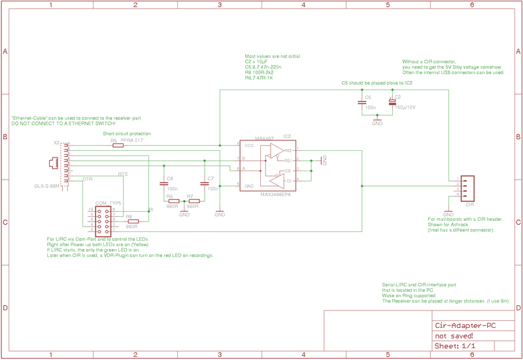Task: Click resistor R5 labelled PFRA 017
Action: [118, 146]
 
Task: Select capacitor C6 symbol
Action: [164, 185]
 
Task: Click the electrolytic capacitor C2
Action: [392, 102]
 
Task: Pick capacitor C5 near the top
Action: [362, 102]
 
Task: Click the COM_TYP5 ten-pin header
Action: [104, 221]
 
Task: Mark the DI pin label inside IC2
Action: [288, 180]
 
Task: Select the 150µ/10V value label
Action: [406, 106]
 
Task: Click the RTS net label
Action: [122, 174]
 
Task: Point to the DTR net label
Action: [87, 178]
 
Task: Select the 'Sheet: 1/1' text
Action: [455, 346]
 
